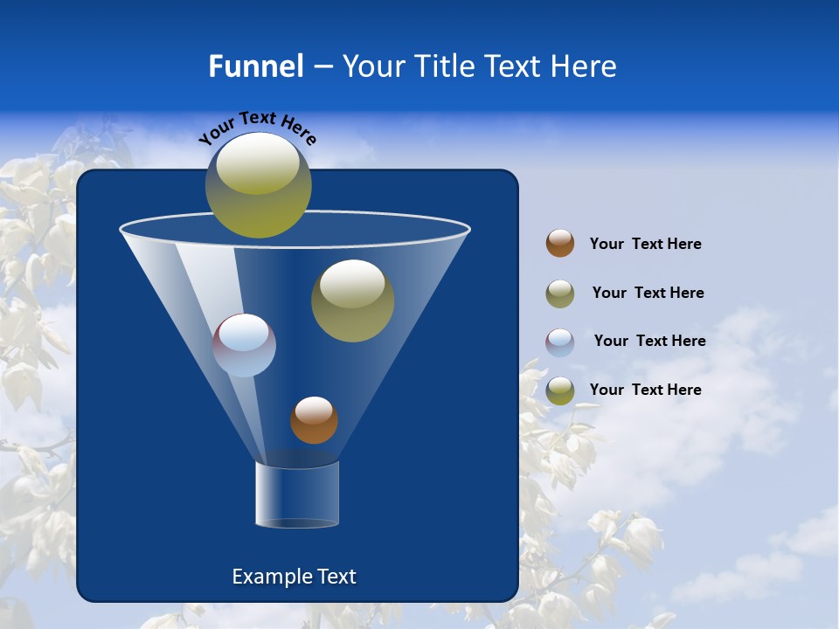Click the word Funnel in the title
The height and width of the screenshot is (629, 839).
click(255, 66)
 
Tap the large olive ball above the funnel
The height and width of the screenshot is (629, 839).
click(258, 184)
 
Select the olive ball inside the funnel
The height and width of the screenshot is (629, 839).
click(352, 301)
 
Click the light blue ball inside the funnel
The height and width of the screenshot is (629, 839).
click(244, 345)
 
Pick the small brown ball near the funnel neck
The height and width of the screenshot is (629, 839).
click(314, 419)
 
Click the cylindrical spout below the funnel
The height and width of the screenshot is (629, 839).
click(296, 495)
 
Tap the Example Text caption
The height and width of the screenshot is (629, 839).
click(294, 577)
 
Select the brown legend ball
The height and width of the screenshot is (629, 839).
click(560, 243)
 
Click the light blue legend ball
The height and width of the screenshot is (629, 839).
click(560, 342)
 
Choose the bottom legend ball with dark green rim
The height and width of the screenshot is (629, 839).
click(560, 391)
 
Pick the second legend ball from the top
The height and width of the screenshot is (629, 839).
click(560, 294)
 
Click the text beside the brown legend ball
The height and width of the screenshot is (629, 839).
click(645, 244)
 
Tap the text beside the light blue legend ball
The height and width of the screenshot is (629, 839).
click(649, 341)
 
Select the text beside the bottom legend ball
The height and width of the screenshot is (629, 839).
click(645, 390)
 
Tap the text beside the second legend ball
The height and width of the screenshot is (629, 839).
click(648, 293)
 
